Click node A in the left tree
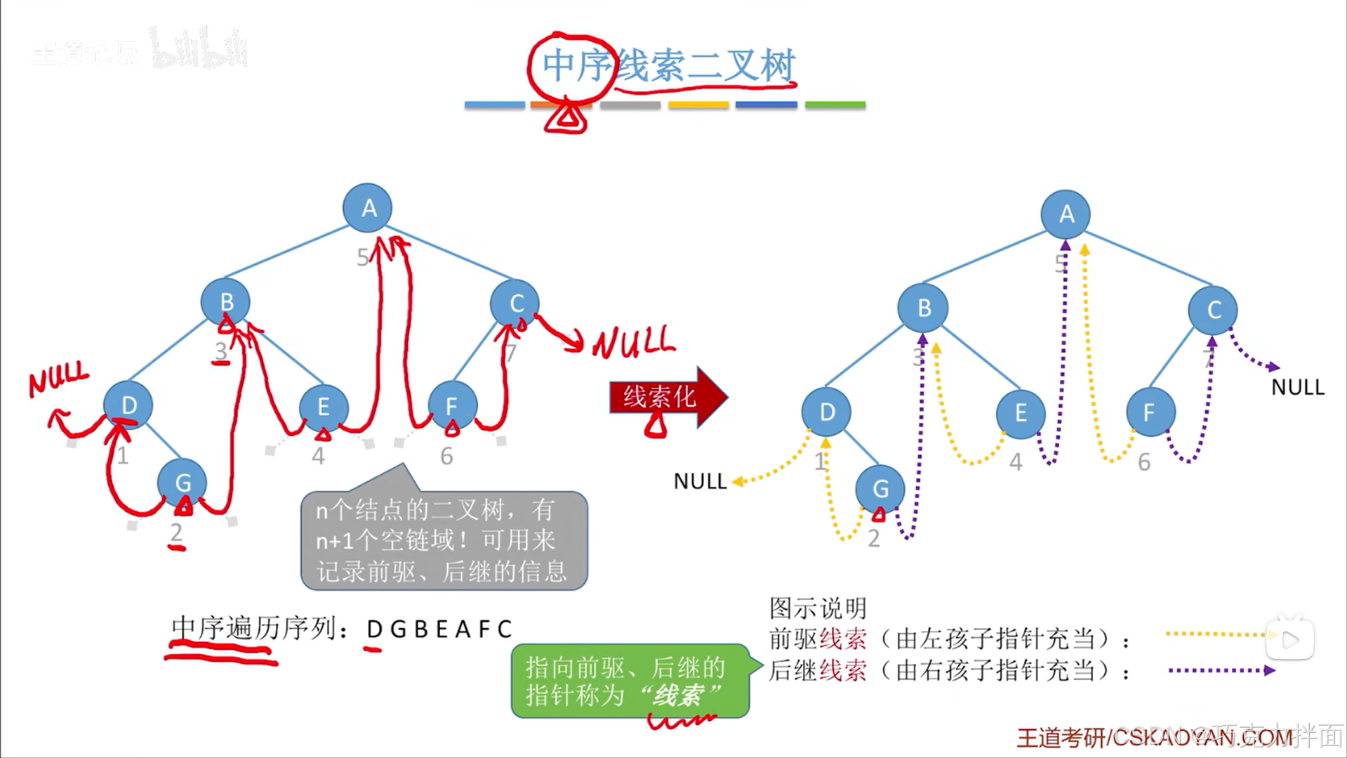coord(367,208)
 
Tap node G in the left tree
coord(183,483)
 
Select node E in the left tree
coord(323,407)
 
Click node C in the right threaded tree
coord(1213,310)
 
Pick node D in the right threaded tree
coord(826,412)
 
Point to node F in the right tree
coord(1150,412)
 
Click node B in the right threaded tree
coord(923,308)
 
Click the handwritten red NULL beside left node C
coord(634,343)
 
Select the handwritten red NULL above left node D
coord(59,379)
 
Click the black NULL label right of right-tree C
coord(1298,387)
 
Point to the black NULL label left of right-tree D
coord(700,481)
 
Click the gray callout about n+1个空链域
coord(444,540)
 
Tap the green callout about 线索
coord(630,681)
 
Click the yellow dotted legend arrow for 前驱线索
coord(1218,634)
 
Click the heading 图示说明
coord(818,608)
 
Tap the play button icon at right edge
coord(1290,640)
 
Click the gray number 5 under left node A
coord(362,258)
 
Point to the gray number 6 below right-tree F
coord(1143,462)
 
